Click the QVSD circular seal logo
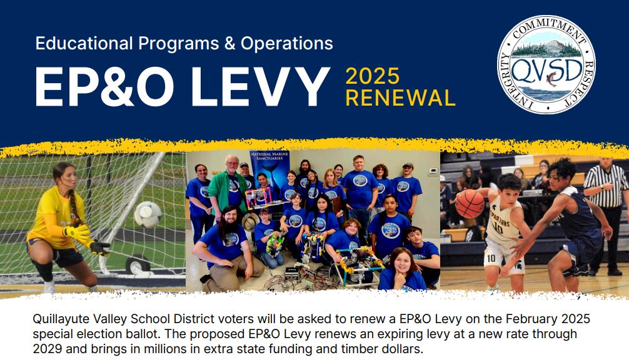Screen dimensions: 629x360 coord(546,65)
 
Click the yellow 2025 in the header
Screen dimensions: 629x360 coord(373,76)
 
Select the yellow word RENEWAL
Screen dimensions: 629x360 coord(400,98)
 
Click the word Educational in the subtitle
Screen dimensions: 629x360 coord(84,43)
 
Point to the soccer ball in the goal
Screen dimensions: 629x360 coord(148,214)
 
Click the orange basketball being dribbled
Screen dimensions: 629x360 coord(470,204)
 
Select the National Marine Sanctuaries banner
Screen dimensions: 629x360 coord(269,176)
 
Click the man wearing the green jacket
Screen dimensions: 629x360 coord(229,187)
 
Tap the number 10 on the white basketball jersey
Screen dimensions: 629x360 coord(498,229)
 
